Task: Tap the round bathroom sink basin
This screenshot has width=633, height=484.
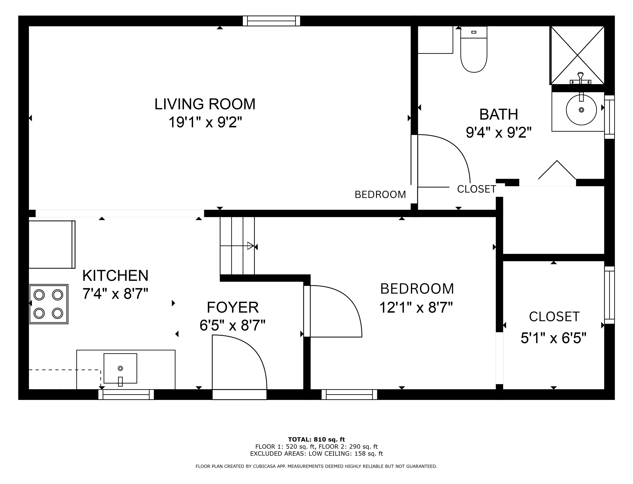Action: tap(581, 110)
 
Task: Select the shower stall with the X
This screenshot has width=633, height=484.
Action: tap(577, 55)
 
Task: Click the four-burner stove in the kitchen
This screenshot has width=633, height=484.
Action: tap(48, 304)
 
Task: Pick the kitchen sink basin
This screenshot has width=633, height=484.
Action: tap(120, 368)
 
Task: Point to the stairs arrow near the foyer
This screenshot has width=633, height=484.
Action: tap(237, 246)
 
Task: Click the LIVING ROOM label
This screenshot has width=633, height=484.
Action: tap(205, 104)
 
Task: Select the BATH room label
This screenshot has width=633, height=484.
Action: tap(499, 114)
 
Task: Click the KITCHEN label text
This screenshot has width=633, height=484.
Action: tap(115, 276)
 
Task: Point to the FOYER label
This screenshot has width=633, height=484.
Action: tap(233, 307)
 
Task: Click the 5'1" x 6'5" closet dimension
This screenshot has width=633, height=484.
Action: tap(553, 338)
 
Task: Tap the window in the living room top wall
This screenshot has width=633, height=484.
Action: tap(271, 21)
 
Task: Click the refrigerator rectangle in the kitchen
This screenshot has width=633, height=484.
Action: tap(52, 245)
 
